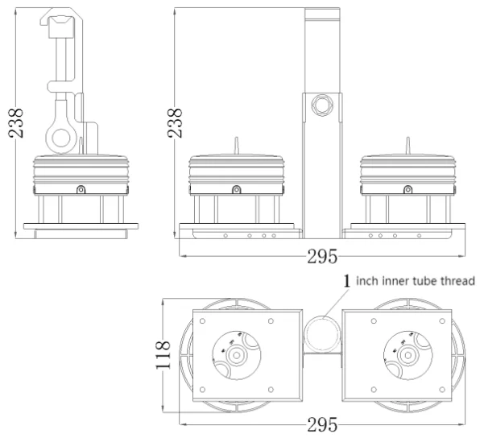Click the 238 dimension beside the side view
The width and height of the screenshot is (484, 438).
(16, 122)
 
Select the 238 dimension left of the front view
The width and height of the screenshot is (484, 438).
(173, 122)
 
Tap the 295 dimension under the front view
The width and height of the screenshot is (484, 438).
(322, 257)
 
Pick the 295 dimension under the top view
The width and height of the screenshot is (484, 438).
(322, 424)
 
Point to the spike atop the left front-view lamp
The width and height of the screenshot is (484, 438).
(235, 145)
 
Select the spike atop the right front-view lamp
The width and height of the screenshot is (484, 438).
(407, 145)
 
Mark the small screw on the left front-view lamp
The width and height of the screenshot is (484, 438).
(235, 189)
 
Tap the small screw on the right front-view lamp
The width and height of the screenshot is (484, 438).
(407, 189)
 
